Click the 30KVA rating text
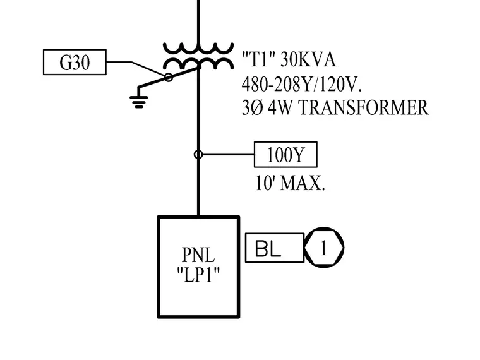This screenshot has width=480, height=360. tap(308, 59)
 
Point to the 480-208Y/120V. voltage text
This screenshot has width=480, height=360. tap(302, 84)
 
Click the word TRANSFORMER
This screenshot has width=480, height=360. tap(363, 108)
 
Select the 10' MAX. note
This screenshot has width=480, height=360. tap(290, 183)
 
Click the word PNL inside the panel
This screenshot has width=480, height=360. tap(198, 255)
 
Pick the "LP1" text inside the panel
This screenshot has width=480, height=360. tap(198, 275)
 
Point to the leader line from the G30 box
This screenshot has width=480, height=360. tap(131, 62)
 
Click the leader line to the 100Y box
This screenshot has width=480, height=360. tap(228, 155)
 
